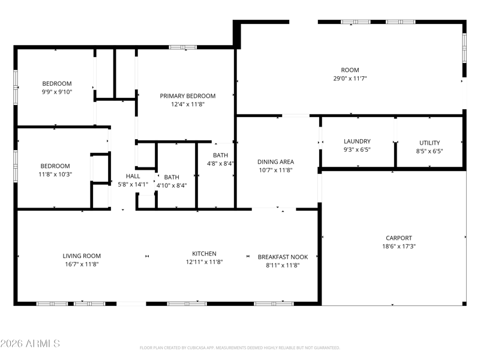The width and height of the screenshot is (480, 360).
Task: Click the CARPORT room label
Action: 398,238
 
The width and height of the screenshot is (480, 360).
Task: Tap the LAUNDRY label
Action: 357,141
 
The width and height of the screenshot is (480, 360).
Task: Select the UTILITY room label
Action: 430,143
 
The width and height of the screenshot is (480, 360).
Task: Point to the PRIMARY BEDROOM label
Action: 188,96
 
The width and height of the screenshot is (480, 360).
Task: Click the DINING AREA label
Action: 275,161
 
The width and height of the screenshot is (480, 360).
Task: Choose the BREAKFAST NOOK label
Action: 283,257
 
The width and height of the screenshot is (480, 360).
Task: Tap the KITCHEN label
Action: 204,253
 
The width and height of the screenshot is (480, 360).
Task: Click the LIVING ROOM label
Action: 82,256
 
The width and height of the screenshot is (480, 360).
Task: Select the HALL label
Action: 133,176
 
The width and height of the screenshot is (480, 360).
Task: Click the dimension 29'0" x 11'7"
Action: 350,78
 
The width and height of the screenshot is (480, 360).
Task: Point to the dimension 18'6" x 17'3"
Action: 399,246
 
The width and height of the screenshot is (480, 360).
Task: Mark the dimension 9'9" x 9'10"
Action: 57,92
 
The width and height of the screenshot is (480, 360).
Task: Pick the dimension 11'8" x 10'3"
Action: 55,174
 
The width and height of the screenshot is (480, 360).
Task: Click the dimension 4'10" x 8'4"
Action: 172,185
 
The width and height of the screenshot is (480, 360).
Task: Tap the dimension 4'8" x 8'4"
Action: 220,163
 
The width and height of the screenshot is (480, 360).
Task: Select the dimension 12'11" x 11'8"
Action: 204,262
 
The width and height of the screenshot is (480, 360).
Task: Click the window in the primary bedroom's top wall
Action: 183,47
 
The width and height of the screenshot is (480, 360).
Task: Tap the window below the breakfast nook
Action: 274,304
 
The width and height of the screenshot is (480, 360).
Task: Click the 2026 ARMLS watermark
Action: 30,343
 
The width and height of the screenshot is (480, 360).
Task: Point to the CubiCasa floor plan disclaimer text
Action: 239,348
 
